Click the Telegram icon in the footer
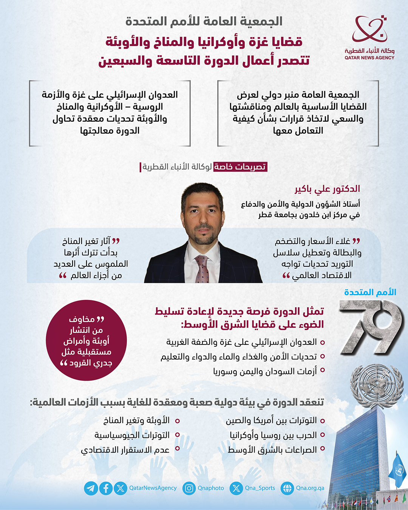pos(91,488)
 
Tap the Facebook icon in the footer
pos(106,488)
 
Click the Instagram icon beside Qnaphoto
pos(189,488)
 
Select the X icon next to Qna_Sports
pos(236,488)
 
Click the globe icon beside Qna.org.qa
pos(287,488)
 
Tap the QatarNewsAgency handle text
pos(153,488)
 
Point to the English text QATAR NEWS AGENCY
pos(369,58)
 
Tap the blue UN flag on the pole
pos(398,470)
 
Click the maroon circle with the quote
pos(86,340)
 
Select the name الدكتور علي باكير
pos(327,189)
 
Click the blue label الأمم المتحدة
pos(370,292)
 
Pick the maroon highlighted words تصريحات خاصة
pos(240,167)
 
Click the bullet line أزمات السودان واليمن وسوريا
pos(265,371)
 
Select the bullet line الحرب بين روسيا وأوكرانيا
pos(273,435)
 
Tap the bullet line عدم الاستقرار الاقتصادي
pos(125,450)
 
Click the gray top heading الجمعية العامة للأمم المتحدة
pos(204,22)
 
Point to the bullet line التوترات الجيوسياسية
pos(132,435)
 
